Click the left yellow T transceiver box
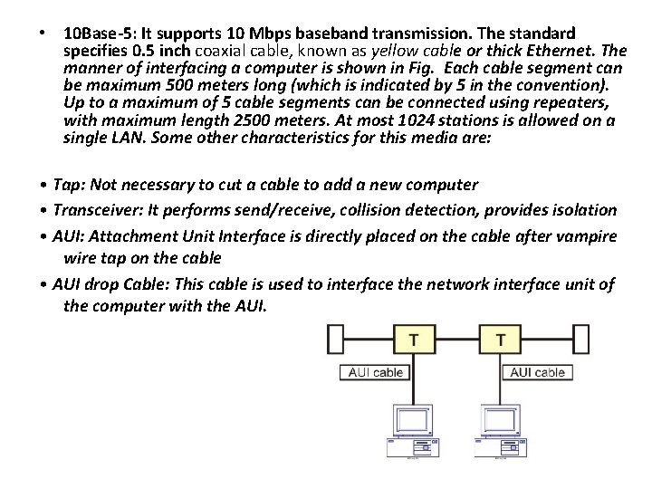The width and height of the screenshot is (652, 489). (x=414, y=340)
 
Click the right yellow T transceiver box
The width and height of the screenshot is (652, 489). (x=502, y=340)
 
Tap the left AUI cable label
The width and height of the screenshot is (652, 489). (x=377, y=372)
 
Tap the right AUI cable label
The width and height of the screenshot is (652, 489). (x=538, y=372)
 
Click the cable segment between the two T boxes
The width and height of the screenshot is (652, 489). (x=457, y=340)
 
